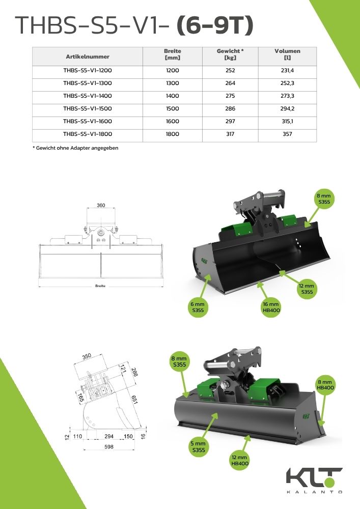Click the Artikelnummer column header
[88, 56]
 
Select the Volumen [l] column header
[287, 54]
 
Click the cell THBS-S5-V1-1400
[88, 96]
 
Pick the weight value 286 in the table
[230, 108]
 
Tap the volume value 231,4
[287, 70]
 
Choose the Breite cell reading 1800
[173, 134]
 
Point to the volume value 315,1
[287, 121]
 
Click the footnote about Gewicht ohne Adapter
[75, 148]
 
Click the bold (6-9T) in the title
[214, 25]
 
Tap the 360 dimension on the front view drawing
[101, 205]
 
